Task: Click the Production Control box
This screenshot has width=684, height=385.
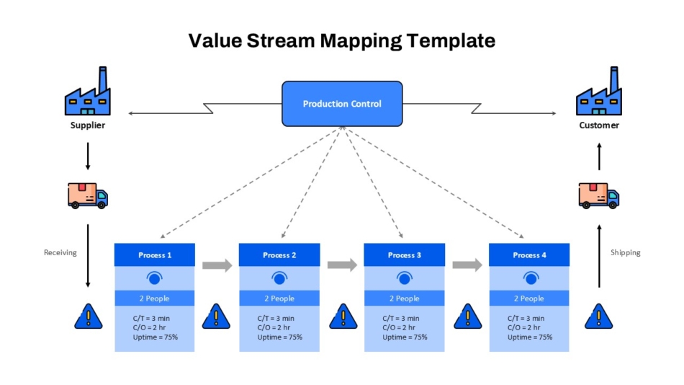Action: pos(342,104)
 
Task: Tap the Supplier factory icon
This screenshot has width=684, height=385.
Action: pos(88,91)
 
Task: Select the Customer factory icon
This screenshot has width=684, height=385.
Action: pos(599,91)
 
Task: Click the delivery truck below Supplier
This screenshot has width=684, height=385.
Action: pos(88,195)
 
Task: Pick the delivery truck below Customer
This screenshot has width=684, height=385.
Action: pos(599,195)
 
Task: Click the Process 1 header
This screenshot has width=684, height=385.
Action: pos(154,255)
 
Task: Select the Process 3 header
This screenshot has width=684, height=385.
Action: pos(405,255)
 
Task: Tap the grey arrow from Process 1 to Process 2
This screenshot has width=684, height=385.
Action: pos(217,265)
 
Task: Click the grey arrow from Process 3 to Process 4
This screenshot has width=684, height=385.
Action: pos(467,265)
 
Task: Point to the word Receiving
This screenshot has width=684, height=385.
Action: pos(60,252)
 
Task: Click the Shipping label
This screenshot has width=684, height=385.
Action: pos(625,252)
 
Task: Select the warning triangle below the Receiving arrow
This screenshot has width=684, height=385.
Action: pos(89,317)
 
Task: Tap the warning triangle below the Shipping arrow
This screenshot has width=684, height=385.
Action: pos(598,317)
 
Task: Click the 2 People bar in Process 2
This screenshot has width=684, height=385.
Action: pos(279,298)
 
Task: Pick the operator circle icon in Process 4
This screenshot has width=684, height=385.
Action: pos(531,278)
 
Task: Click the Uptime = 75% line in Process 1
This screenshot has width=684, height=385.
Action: pos(156,337)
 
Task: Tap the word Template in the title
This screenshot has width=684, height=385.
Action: pos(451,40)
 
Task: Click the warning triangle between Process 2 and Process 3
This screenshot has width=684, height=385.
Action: pos(343,317)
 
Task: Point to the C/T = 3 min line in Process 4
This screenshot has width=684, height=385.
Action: pos(526,318)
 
